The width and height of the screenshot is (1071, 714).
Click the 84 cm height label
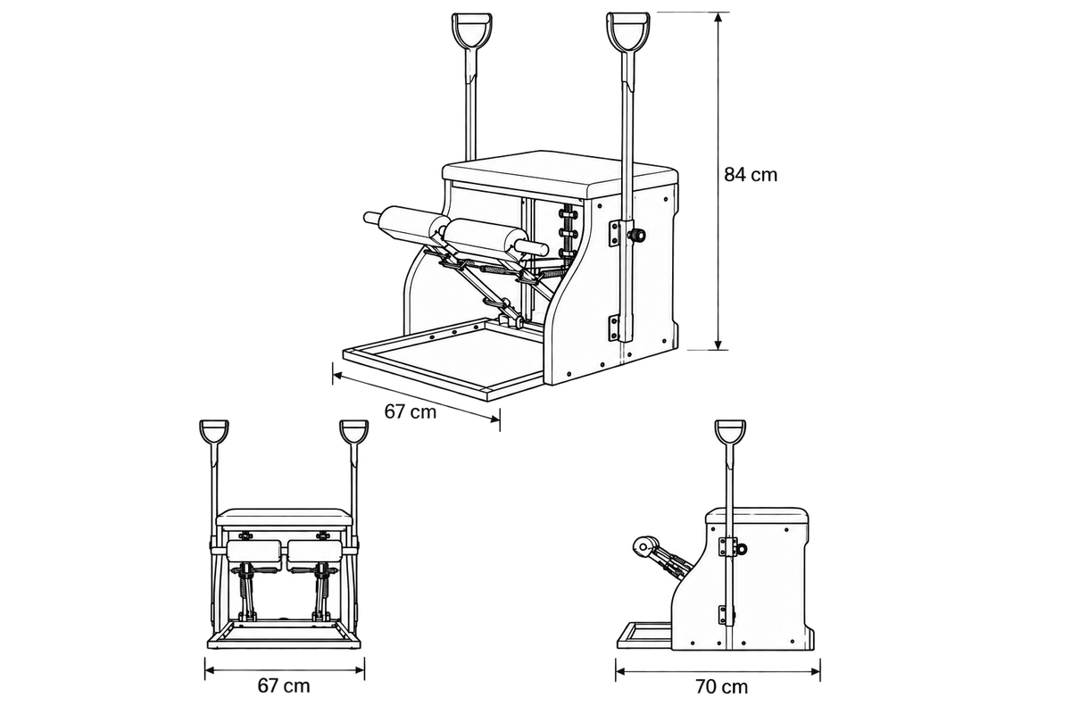[751, 175]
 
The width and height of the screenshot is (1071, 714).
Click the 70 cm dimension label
[721, 687]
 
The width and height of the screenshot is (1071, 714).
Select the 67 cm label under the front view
[284, 685]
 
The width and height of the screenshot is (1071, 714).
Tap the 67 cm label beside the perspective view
[411, 411]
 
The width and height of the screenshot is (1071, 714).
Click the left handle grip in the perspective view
[472, 30]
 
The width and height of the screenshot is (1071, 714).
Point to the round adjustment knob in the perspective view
[638, 235]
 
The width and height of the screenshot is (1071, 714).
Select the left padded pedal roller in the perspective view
[406, 224]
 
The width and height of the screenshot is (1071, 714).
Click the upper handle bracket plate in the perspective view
[614, 234]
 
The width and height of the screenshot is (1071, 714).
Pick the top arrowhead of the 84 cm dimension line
[718, 17]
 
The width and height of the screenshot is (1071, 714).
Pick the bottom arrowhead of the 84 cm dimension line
[718, 345]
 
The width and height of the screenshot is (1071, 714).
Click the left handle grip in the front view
[213, 432]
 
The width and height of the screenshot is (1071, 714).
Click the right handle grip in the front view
[353, 432]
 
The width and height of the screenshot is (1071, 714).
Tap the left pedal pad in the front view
[254, 552]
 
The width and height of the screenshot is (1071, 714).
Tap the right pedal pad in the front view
[315, 552]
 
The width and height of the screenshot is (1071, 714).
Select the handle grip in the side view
[730, 432]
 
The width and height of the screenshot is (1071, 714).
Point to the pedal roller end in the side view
[643, 545]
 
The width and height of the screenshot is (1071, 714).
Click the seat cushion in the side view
[758, 516]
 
